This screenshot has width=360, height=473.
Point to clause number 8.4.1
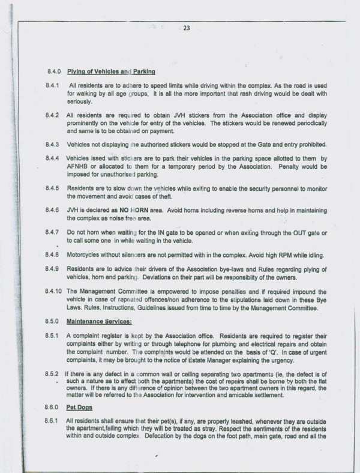click(x=51, y=86)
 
